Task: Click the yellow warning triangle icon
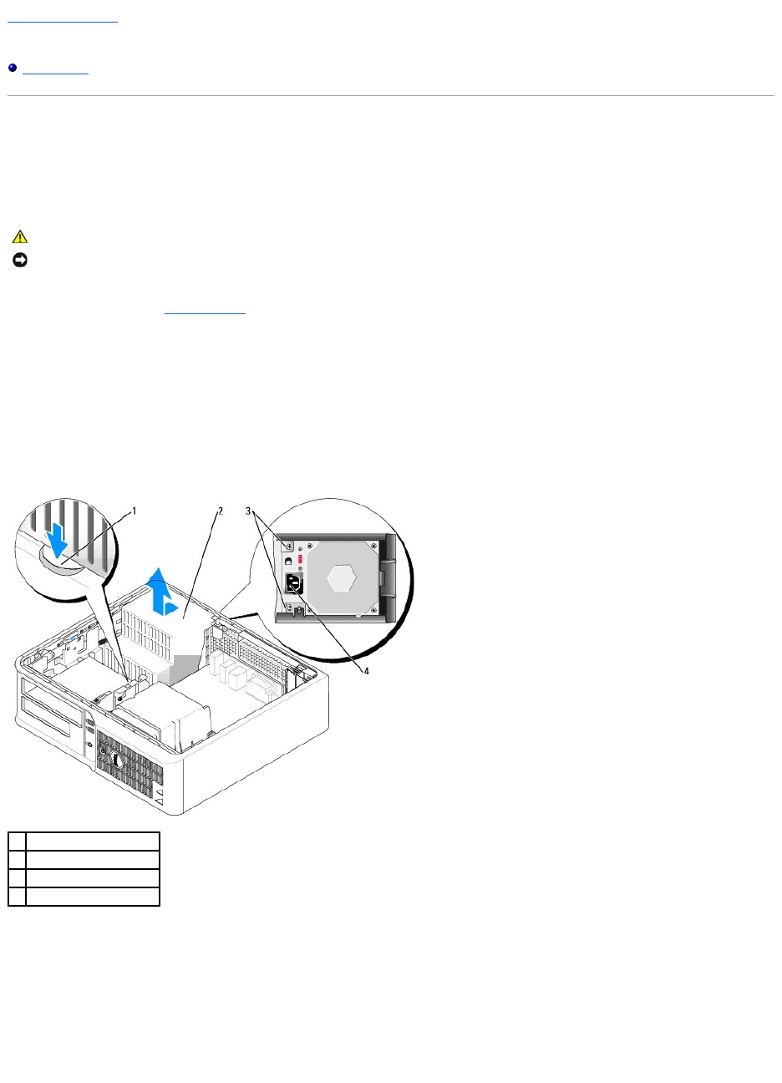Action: pos(20,237)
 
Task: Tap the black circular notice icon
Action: pos(20,261)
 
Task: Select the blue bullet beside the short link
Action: pos(13,68)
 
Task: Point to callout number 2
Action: pos(221,510)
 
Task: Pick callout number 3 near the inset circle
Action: pos(248,510)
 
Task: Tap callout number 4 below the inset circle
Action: pos(365,669)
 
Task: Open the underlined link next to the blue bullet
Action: pos(55,68)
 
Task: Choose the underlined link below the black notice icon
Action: pos(205,308)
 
